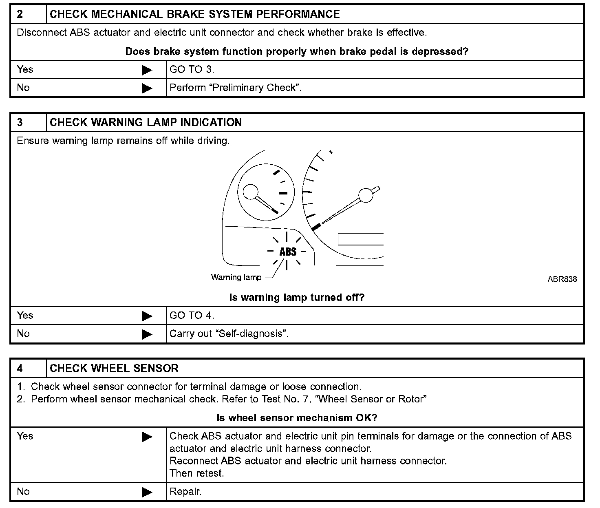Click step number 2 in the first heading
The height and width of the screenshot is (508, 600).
coord(20,14)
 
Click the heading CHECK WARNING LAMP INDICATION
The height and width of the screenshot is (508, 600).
coord(146,122)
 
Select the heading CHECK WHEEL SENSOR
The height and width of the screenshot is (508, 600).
coord(114,369)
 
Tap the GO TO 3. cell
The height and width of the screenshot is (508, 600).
coord(192,69)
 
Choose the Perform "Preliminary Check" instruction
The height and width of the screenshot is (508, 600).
coord(235,88)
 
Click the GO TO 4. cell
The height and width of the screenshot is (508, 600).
coord(192,315)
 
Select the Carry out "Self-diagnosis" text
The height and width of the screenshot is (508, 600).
coord(229,334)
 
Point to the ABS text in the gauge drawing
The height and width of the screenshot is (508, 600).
coord(288,252)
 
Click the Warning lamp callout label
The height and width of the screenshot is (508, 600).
coord(236,277)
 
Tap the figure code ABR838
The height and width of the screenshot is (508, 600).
coord(562,279)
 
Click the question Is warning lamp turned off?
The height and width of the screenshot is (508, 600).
coord(297,297)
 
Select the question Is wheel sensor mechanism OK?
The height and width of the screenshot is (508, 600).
coord(297,417)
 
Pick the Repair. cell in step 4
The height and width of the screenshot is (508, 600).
coord(185,491)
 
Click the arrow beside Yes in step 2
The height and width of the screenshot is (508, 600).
coord(147,70)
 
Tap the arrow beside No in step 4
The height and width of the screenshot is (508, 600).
coord(147,492)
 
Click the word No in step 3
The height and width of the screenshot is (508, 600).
coord(23,334)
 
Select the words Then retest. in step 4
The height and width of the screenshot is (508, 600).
coord(197,473)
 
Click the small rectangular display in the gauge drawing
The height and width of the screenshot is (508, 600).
coord(361,239)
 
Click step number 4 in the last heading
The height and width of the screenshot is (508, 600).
coord(20,369)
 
